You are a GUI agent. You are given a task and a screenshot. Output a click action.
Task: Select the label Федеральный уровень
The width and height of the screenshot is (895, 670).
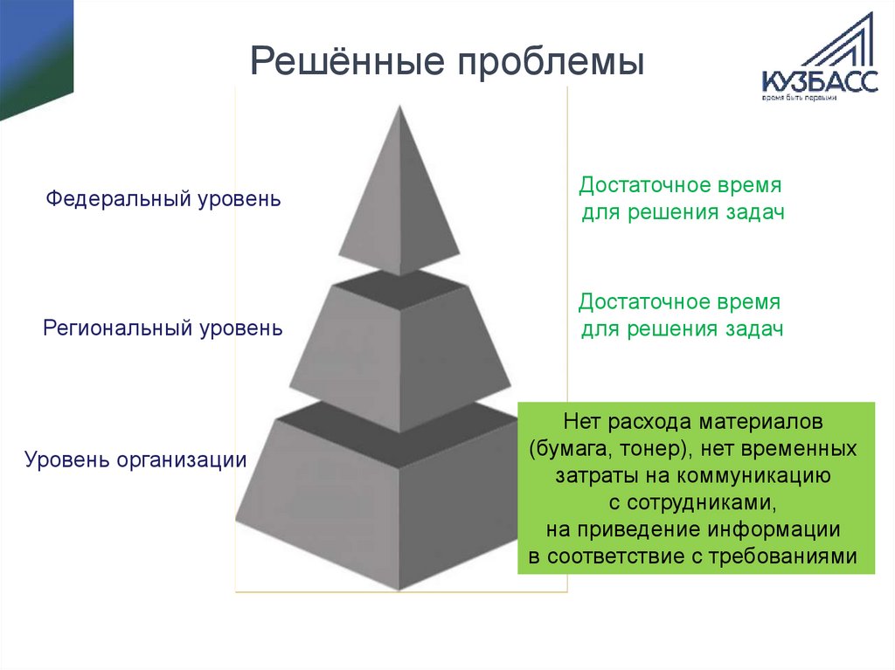click(163, 198)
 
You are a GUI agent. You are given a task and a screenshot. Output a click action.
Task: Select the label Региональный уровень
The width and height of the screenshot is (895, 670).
click(163, 329)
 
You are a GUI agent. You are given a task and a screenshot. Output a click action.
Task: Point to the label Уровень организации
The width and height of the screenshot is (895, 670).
click(135, 459)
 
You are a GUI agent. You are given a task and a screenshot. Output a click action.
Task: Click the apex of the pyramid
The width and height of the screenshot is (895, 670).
click(400, 108)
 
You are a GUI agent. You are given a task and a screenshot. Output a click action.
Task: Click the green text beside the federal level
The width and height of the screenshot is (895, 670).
click(681, 199)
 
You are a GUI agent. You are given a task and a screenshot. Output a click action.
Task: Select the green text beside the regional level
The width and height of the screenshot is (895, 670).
click(681, 315)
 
